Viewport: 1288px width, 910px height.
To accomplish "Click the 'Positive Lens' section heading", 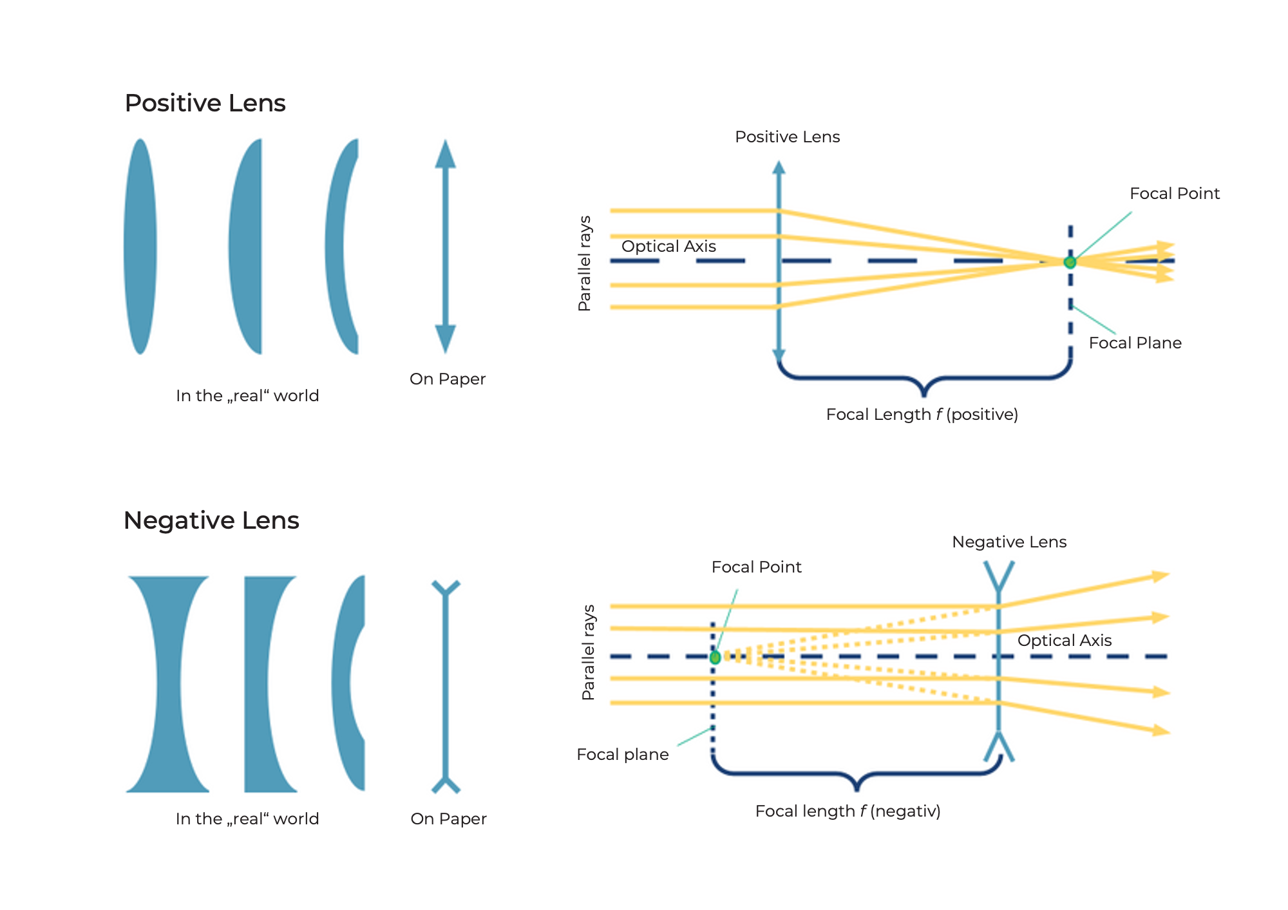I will point(205,103).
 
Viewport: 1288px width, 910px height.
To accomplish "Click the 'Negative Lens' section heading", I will point(211,520).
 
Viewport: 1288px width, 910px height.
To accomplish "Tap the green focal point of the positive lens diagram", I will point(1070,262).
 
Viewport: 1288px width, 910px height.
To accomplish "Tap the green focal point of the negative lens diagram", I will point(715,658).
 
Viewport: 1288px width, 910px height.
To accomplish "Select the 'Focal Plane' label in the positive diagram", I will point(1135,343).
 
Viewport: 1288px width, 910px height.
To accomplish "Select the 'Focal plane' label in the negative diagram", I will point(622,754).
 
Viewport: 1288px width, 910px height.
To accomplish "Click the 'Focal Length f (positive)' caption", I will point(922,414).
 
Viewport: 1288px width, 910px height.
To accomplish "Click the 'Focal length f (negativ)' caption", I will point(848,811).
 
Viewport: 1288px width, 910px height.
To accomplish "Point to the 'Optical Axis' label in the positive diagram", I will point(668,246).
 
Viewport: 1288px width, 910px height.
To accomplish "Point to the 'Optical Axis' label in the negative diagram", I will point(1065,640).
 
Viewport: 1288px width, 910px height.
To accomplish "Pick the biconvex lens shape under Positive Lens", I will point(140,246).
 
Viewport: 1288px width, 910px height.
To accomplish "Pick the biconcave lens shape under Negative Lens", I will point(168,684).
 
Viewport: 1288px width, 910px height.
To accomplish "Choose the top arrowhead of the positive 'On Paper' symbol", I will point(445,155).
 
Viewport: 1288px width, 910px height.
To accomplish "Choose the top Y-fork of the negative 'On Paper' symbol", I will point(446,588).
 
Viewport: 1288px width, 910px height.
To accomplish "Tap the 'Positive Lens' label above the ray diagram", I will point(787,137).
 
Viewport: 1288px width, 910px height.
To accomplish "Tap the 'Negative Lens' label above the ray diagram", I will point(1009,542).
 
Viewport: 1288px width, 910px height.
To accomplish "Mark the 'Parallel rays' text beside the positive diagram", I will point(584,263).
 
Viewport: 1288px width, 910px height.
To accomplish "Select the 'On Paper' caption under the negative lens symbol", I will point(448,819).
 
